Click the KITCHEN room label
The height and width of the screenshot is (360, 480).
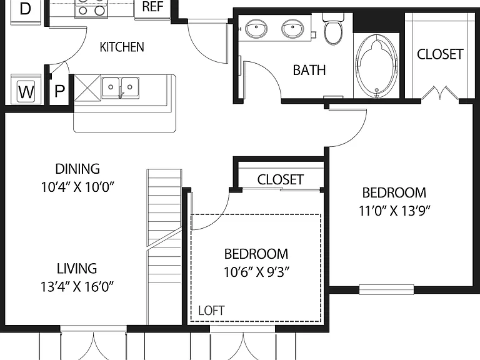click(122, 47)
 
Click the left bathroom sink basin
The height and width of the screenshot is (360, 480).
click(256, 29)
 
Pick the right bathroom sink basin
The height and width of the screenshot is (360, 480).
click(292, 29)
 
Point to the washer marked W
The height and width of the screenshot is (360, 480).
click(26, 91)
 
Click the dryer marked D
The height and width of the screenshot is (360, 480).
click(26, 9)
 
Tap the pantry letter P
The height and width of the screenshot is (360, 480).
click(60, 91)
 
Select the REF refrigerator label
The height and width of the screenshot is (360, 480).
click(152, 7)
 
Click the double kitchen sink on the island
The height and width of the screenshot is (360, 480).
click(120, 88)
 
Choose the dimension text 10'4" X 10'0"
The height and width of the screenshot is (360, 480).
click(77, 187)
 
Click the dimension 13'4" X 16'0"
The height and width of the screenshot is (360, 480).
click(77, 286)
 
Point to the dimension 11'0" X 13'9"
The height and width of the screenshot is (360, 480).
click(394, 211)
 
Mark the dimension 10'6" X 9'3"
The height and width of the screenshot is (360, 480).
click(256, 272)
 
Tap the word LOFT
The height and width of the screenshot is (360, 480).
click(211, 311)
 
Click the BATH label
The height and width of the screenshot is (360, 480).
click(309, 70)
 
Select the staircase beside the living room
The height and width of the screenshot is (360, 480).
click(164, 247)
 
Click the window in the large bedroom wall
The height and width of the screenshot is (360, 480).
click(386, 289)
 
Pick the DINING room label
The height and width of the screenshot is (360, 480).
click(77, 169)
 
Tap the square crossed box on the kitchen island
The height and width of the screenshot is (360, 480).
click(87, 87)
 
